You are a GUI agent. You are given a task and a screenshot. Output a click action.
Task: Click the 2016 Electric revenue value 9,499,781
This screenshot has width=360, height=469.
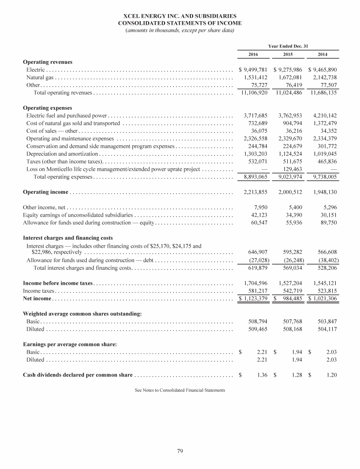click(x=256, y=69)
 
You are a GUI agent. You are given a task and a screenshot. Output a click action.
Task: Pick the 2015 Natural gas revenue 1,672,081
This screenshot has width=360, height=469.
click(x=290, y=77)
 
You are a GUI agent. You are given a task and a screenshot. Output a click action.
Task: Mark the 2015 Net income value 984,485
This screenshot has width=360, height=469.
click(x=293, y=299)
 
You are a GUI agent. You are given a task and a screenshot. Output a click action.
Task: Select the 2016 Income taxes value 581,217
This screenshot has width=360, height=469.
click(x=259, y=291)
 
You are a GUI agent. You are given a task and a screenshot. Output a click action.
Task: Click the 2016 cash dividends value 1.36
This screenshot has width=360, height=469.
click(x=262, y=375)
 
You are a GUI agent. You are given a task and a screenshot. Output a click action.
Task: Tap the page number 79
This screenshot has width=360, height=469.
click(x=180, y=451)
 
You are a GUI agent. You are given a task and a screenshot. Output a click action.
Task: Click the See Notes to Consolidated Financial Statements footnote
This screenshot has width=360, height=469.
click(x=180, y=390)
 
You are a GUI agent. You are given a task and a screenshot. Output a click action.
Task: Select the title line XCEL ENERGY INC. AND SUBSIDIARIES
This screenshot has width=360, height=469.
click(x=180, y=15)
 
